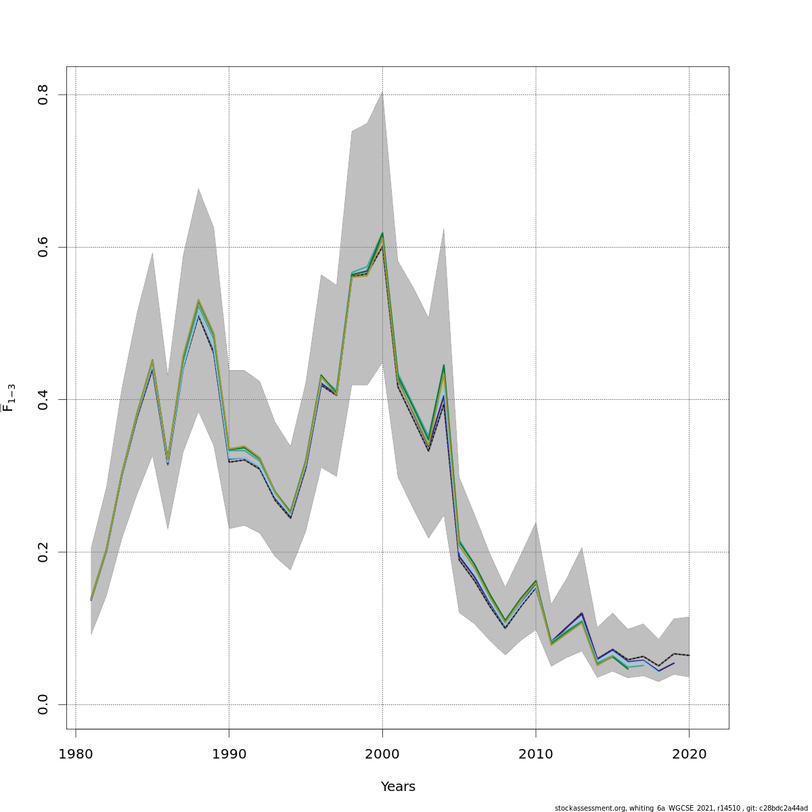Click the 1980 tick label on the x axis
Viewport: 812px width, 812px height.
click(x=76, y=754)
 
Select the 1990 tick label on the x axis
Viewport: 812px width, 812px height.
click(x=229, y=754)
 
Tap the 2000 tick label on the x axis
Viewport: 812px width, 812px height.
click(x=382, y=754)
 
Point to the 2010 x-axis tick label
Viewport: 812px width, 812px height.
click(x=536, y=754)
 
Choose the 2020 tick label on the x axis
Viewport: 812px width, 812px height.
click(x=689, y=754)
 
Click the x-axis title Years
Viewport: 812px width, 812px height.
click(x=398, y=787)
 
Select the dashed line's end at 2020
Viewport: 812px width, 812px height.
click(x=689, y=655)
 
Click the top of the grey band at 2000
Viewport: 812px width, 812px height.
click(x=382, y=91)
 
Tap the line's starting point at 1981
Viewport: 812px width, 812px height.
click(x=91, y=600)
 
